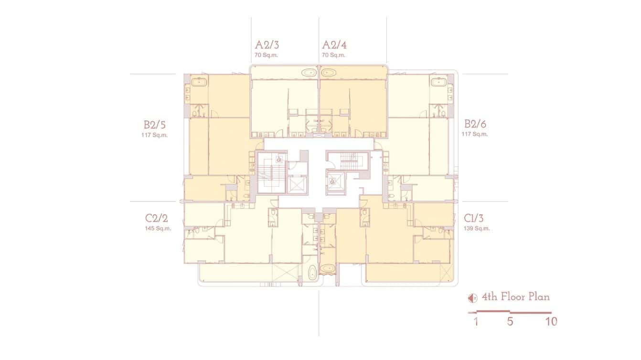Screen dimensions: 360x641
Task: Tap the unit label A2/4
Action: coord(334,45)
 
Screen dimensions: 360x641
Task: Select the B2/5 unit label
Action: coord(155,125)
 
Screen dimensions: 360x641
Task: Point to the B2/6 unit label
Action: coord(475,125)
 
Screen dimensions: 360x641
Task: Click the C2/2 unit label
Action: coord(157,219)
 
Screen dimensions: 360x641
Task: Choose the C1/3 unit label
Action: coord(474,219)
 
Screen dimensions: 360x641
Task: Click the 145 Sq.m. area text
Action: coord(158,228)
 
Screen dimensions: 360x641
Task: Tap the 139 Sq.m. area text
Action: coord(477,228)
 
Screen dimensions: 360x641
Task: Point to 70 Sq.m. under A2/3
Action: coord(267,55)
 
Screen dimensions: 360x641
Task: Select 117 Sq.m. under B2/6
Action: coord(475,134)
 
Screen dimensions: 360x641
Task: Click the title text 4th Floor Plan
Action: coord(516,297)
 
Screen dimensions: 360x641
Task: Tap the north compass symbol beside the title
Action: coord(472,298)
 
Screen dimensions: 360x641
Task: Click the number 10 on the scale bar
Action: coord(551,322)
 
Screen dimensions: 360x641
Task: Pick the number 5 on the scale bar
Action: coord(510,322)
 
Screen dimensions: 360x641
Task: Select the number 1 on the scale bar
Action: coord(476,322)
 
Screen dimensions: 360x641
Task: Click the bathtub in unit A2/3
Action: coord(309,73)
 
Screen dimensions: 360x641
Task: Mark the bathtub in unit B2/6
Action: coord(438,82)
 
